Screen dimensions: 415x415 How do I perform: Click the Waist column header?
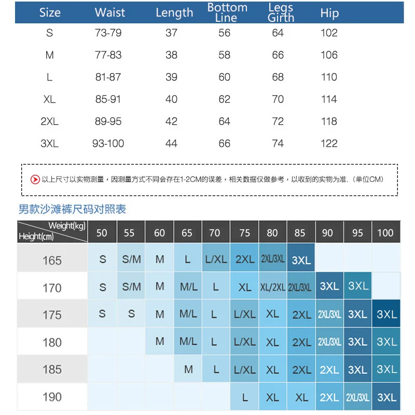[110, 12]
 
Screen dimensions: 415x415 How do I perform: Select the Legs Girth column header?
[281, 12]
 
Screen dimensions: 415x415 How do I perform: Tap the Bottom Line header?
[227, 12]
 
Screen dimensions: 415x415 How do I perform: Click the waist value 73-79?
[108, 33]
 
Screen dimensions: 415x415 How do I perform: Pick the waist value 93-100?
[108, 143]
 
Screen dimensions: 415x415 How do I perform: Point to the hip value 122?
[329, 143]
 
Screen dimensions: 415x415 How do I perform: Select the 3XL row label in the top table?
[49, 143]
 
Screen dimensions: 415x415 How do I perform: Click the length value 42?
[171, 121]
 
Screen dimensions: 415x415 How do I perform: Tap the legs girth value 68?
[278, 77]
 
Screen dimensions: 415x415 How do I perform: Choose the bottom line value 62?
[224, 99]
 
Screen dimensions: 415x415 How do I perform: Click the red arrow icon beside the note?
[35, 179]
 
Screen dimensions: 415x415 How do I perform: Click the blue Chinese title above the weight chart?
[72, 209]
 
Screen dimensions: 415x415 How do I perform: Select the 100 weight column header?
[385, 233]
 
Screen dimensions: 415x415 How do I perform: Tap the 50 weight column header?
[102, 233]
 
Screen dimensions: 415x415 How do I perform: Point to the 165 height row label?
[52, 260]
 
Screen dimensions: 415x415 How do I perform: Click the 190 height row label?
[52, 397]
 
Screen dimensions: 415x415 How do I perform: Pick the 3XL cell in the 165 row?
[301, 260]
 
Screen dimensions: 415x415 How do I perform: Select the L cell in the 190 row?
[245, 397]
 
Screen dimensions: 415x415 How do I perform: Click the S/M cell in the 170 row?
[131, 286]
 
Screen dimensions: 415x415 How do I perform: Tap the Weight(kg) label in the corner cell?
[66, 226]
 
